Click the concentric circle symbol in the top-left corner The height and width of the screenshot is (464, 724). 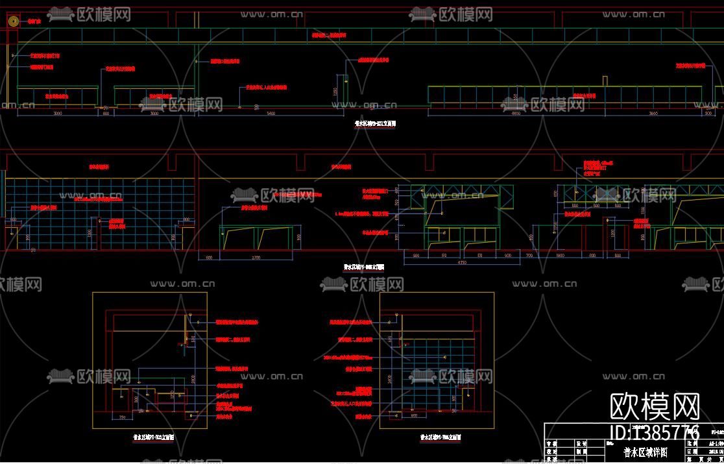pos(12,21)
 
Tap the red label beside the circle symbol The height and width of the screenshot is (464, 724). pos(33,21)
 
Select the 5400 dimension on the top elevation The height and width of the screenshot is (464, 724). pos(271,114)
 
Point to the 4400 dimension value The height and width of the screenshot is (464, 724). pos(516,114)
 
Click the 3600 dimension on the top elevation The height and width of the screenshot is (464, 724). pos(654,114)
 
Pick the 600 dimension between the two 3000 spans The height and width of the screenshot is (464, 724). pos(106,114)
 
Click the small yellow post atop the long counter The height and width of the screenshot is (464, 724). pos(605,80)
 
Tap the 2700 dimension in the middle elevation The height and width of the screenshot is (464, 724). pos(237,258)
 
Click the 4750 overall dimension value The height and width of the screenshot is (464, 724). pos(463,263)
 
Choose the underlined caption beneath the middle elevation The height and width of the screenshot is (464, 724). pos(364,267)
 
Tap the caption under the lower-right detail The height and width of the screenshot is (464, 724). pos(440,438)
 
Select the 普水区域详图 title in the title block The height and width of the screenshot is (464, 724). pos(645,452)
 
